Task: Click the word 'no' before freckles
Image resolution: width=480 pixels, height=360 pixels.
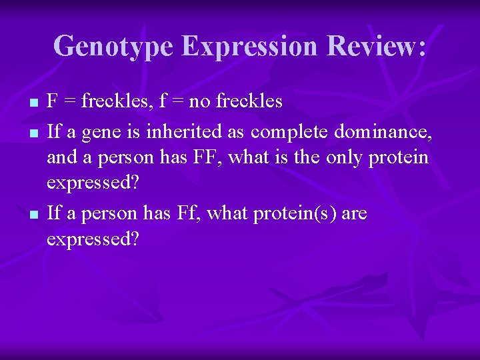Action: pyautogui.click(x=199, y=102)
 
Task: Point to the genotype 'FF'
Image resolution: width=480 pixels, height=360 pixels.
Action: pyautogui.click(x=198, y=159)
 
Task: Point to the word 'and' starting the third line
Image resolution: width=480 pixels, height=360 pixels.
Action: pyautogui.click(x=60, y=159)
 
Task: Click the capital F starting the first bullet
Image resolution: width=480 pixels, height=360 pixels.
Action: pyautogui.click(x=52, y=102)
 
